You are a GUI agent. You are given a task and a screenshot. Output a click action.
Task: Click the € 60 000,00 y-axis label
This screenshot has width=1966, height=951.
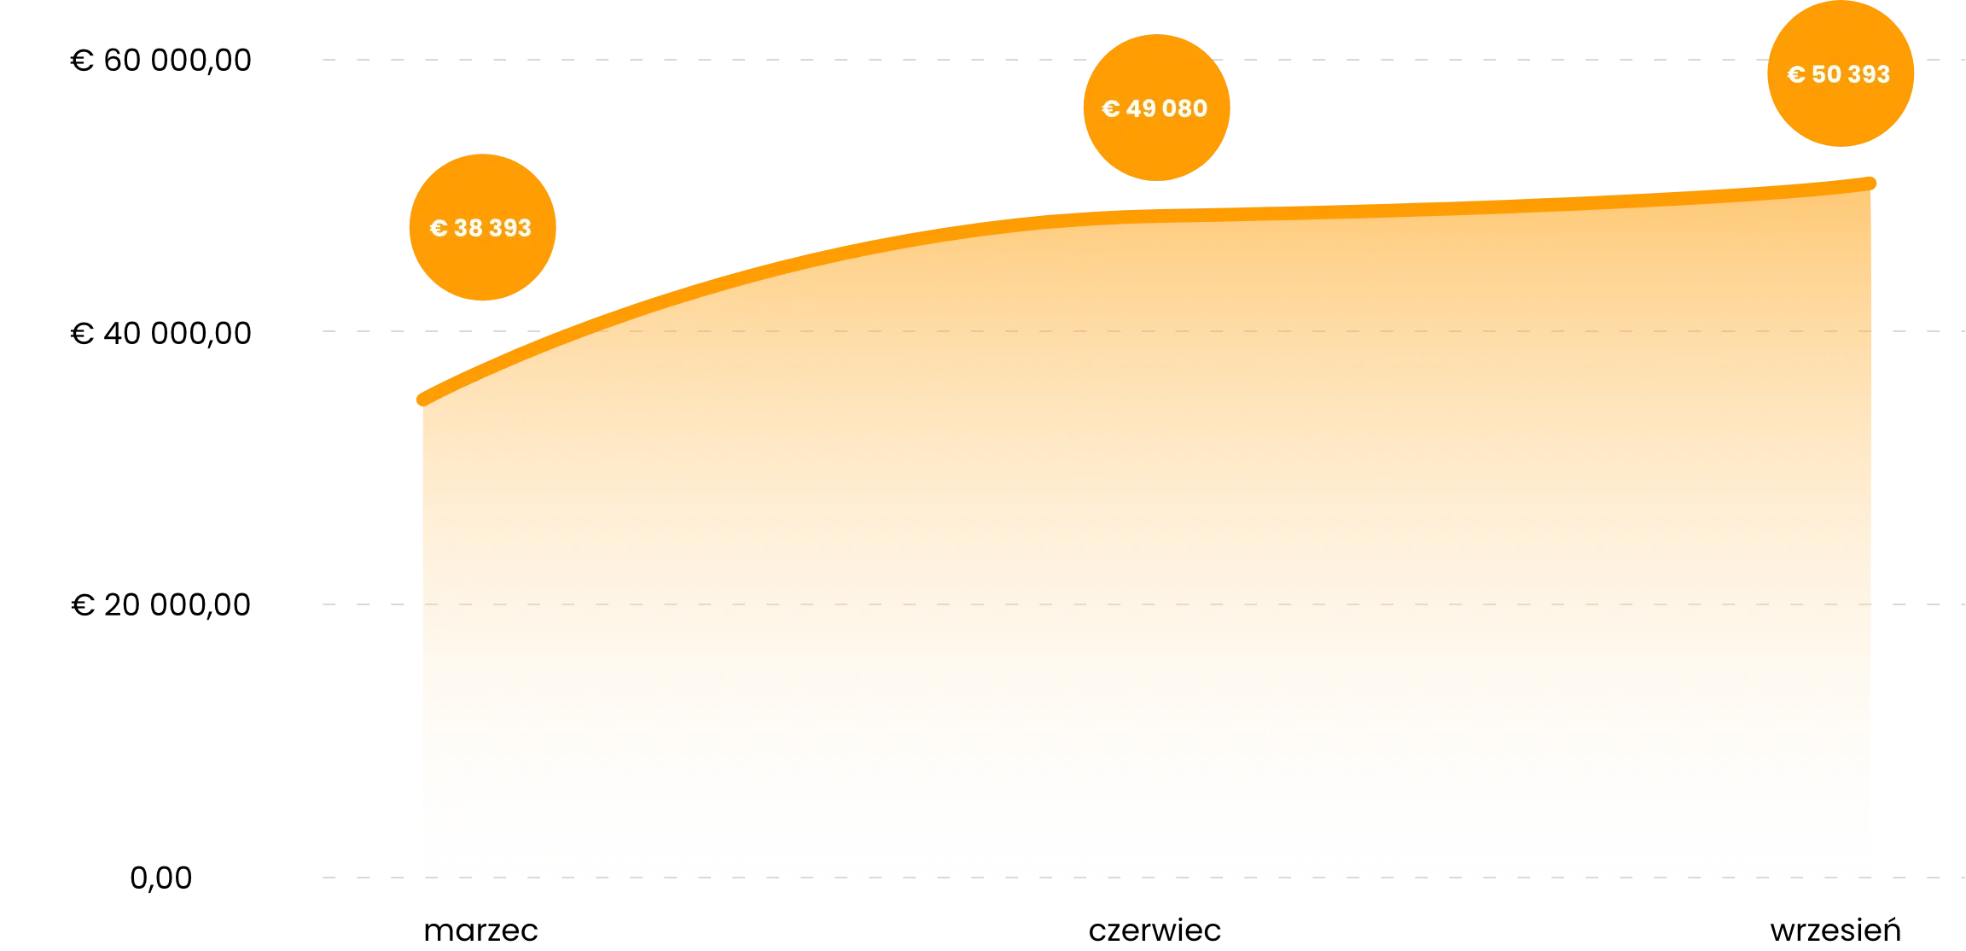[x=160, y=61]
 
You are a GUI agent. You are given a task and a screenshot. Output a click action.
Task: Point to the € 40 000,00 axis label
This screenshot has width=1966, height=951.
[x=160, y=334]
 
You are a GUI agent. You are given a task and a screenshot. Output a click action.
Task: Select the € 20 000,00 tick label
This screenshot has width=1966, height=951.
[x=160, y=605]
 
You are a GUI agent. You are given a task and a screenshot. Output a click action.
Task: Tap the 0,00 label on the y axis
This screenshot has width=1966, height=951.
[x=160, y=878]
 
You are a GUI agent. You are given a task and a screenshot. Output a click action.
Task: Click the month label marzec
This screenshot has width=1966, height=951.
[x=480, y=931]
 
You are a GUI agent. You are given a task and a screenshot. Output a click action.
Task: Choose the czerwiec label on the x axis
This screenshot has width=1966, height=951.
[x=1155, y=931]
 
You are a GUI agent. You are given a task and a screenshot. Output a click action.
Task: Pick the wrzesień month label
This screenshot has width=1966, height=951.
[x=1835, y=929]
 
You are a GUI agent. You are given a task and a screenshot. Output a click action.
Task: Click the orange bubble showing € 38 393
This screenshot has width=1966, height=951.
[x=483, y=227]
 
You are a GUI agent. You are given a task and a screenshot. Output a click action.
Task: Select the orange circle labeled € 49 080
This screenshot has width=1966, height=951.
[x=1157, y=108]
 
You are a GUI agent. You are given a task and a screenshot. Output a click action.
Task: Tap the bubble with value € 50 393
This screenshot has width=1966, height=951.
[x=1841, y=73]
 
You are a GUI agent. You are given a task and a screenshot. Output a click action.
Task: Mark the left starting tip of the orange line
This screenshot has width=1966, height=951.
[x=422, y=400]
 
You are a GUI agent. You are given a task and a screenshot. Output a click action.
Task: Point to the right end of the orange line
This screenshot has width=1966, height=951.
[x=1870, y=183]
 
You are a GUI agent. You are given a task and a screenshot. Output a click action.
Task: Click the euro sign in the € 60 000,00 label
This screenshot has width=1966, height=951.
[x=82, y=61]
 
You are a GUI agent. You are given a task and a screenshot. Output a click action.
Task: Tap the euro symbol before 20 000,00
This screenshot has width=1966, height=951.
[x=83, y=605]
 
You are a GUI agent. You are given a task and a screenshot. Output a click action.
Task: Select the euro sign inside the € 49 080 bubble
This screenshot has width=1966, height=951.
[x=1110, y=108]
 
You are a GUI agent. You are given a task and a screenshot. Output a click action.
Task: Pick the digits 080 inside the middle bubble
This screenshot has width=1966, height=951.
[x=1185, y=108]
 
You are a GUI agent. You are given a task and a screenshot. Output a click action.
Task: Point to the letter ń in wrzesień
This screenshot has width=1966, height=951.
[x=1890, y=929]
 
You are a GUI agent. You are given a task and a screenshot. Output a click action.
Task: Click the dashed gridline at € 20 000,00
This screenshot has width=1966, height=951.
[x=1143, y=604]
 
